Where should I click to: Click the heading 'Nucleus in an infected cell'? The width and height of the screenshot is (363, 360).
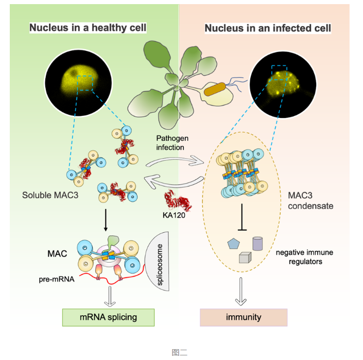pyautogui.click(x=268, y=28)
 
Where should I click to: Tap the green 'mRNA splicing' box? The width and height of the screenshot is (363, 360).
pyautogui.click(x=108, y=317)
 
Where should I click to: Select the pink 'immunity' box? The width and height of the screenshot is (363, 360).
pyautogui.click(x=243, y=317)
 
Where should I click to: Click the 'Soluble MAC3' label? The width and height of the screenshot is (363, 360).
pyautogui.click(x=47, y=195)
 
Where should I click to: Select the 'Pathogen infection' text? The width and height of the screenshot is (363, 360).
pyautogui.click(x=172, y=143)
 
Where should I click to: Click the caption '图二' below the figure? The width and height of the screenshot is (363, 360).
pyautogui.click(x=180, y=352)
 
